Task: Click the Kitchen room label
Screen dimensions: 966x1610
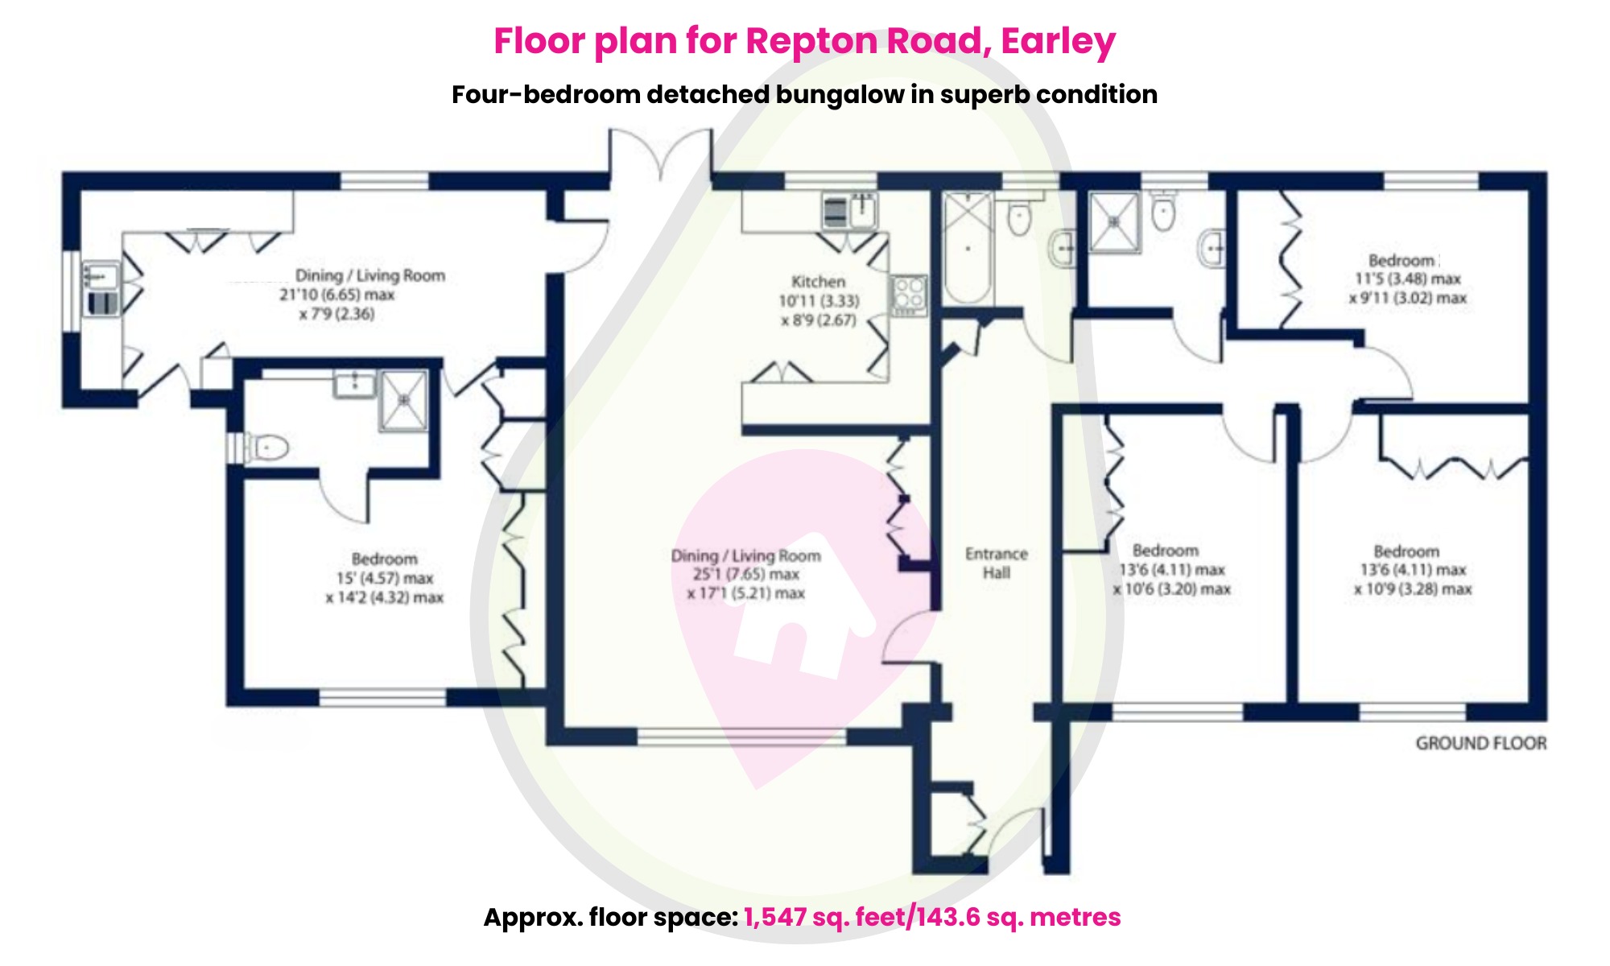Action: (x=818, y=282)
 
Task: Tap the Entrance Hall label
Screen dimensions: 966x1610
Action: (x=996, y=563)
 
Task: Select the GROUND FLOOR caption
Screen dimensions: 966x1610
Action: (x=1480, y=743)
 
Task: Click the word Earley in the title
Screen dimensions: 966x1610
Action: (x=1058, y=41)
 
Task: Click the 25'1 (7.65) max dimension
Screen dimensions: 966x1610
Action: (x=745, y=575)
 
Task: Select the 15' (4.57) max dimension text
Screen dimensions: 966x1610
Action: (x=384, y=578)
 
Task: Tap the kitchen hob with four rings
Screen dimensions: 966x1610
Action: (x=909, y=295)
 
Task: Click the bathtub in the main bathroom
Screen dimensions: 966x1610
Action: (x=967, y=248)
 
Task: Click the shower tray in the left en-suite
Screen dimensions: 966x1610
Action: (x=403, y=399)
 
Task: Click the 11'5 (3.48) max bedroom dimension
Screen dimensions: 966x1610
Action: (x=1407, y=279)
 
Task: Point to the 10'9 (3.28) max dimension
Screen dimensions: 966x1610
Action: (x=1412, y=589)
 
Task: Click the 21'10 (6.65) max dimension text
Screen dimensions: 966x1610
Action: (x=336, y=295)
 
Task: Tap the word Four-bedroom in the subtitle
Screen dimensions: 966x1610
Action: (x=545, y=95)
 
